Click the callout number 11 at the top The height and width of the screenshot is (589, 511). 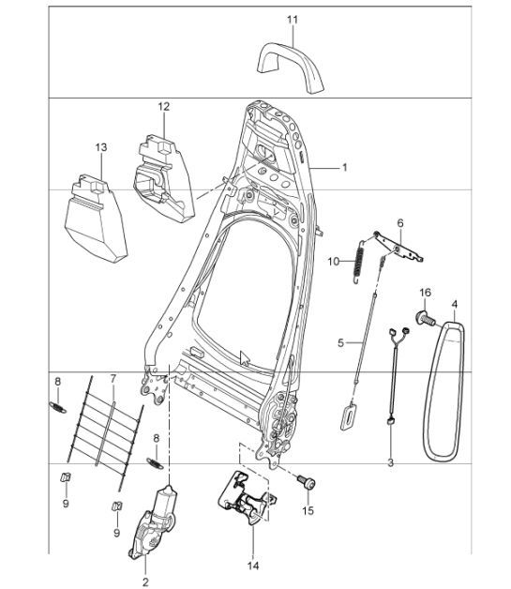click(292, 19)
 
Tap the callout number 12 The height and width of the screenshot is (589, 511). click(163, 106)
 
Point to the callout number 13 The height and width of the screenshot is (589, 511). click(101, 146)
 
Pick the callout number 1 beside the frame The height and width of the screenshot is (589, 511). click(344, 168)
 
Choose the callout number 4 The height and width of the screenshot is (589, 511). click(455, 304)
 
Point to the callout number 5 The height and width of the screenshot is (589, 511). click(341, 343)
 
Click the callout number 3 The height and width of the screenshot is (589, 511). click(390, 463)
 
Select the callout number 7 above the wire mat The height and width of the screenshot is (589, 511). click(113, 380)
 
